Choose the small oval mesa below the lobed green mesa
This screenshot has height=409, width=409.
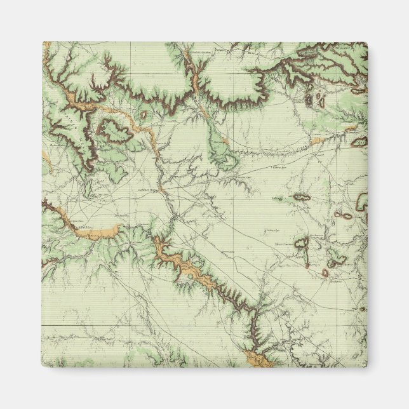click(x=325, y=273)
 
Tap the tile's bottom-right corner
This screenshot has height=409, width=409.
click(x=366, y=366)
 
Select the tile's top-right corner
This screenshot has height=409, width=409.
click(x=366, y=43)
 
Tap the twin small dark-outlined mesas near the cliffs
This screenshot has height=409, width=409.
click(x=315, y=99)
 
